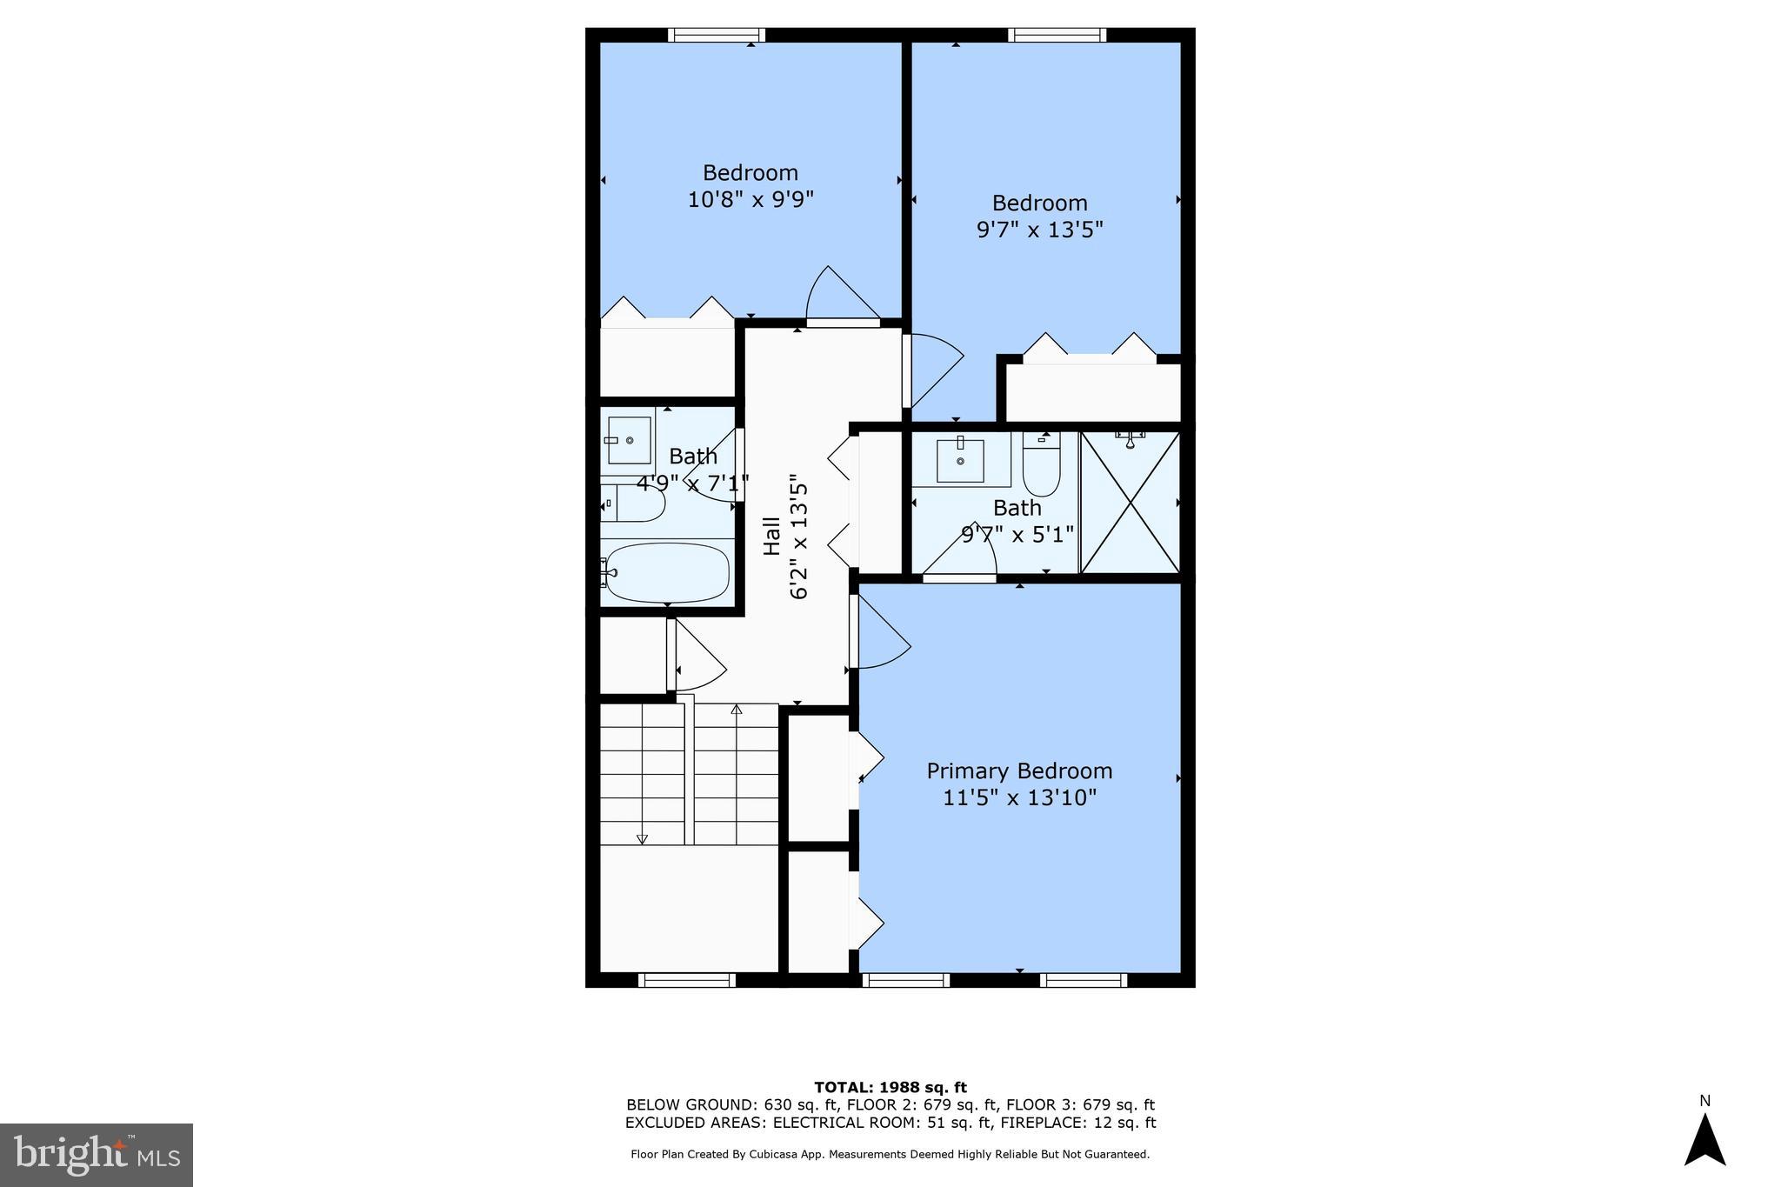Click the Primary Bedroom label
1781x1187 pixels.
1019,771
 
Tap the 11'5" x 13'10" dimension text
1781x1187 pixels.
1019,797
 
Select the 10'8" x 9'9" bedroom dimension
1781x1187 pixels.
750,200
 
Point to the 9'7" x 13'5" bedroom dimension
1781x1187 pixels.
1040,230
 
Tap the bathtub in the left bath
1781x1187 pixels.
668,573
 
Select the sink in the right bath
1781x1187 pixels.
960,460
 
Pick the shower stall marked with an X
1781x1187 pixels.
1130,503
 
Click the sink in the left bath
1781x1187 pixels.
629,440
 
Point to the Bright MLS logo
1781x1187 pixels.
97,1155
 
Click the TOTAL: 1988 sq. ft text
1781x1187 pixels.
890,1087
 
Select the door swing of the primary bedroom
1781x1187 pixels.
880,633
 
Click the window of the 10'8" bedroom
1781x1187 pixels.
717,35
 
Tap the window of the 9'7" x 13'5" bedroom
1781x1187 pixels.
1057,35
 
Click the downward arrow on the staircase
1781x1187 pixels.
642,838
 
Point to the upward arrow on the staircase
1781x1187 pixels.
737,710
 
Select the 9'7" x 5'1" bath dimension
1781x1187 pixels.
1017,534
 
